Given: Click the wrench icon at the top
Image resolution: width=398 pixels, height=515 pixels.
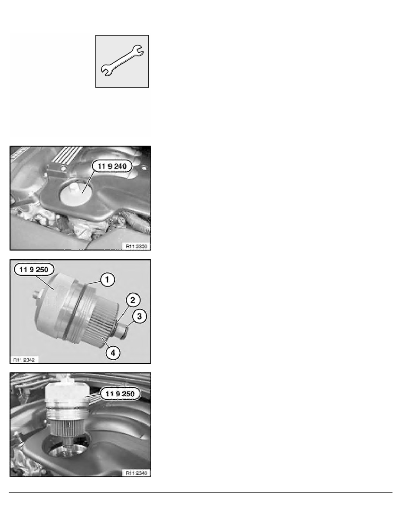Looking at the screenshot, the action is [x=122, y=61].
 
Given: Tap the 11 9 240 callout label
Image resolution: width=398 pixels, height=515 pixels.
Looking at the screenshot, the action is [x=112, y=166].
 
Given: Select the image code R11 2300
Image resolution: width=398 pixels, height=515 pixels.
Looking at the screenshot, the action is [x=137, y=246].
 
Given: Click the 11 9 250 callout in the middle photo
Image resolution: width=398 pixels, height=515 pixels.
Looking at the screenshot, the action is [x=34, y=270].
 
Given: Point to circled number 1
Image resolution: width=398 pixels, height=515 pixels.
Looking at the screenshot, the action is [x=107, y=280].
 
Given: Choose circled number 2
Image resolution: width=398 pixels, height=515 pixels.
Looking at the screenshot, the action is [x=133, y=300].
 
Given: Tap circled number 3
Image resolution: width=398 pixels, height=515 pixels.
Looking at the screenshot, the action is [x=140, y=316].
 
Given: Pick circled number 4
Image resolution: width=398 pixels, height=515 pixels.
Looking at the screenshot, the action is [x=113, y=353].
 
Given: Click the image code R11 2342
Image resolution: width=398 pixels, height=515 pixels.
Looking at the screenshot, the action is [x=24, y=360].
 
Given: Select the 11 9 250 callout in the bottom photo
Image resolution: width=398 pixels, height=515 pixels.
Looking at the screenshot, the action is [x=120, y=394].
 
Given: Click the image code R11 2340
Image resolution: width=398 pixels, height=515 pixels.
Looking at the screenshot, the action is [x=137, y=473].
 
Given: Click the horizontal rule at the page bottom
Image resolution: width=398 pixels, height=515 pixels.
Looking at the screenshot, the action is [x=201, y=492].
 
